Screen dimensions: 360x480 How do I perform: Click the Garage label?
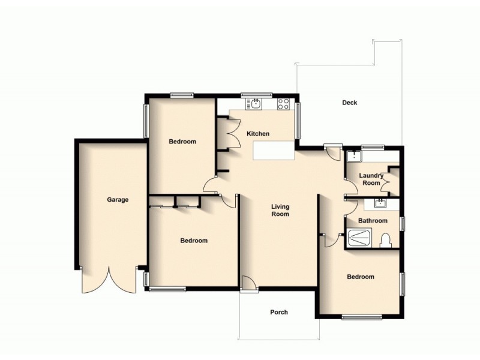click(x=118, y=200)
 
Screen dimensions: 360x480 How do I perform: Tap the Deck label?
click(x=349, y=103)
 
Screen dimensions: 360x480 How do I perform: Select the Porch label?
click(x=279, y=312)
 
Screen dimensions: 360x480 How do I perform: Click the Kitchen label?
click(x=258, y=134)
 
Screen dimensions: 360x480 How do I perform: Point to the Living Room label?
click(x=280, y=210)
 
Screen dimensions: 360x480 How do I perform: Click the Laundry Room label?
click(x=371, y=179)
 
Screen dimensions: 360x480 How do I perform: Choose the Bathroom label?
click(x=373, y=221)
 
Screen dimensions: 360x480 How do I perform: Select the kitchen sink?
click(x=256, y=104)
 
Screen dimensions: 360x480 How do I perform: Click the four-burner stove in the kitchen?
click(x=284, y=104)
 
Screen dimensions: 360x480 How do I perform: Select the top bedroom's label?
click(x=182, y=142)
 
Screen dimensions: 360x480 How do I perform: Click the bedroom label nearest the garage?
click(x=194, y=241)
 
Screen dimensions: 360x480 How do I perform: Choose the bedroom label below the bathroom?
click(x=361, y=277)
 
